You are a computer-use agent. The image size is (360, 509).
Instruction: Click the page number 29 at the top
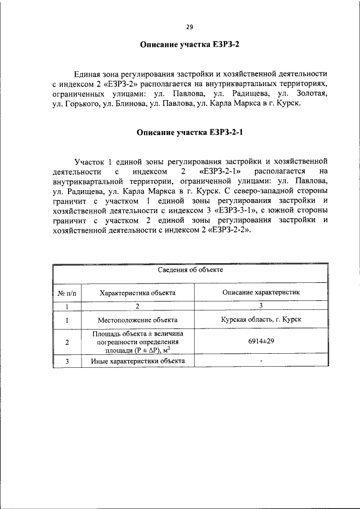tap(190, 26)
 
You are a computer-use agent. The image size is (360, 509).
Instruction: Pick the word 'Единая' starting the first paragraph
tap(89, 73)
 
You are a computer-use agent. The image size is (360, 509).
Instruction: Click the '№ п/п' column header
tap(67, 292)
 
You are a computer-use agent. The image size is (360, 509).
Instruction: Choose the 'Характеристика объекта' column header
tap(137, 292)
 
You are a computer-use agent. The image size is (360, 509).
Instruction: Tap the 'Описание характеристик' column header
tap(260, 292)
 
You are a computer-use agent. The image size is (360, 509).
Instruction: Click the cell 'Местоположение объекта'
tap(137, 319)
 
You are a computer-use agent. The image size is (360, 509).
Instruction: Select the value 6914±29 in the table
tap(260, 341)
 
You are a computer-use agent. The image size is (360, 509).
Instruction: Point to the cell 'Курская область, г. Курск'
tap(260, 319)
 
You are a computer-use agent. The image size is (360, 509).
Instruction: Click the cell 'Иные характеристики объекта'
tap(137, 361)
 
